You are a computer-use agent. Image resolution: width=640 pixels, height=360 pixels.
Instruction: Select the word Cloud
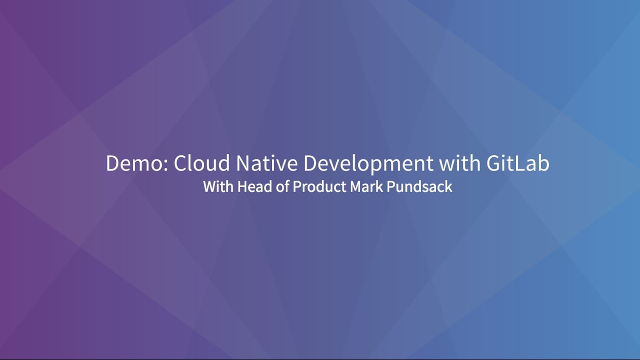tap(201, 164)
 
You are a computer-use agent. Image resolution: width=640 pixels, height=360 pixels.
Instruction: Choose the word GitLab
tap(517, 164)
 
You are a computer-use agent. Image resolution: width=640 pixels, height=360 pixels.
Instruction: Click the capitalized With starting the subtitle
tap(218, 187)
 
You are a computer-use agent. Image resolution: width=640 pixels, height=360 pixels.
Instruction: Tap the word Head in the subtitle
tap(251, 187)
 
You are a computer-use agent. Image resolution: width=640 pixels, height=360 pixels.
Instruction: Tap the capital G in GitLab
tap(492, 164)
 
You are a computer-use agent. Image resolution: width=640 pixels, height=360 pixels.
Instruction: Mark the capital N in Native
tap(242, 164)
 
